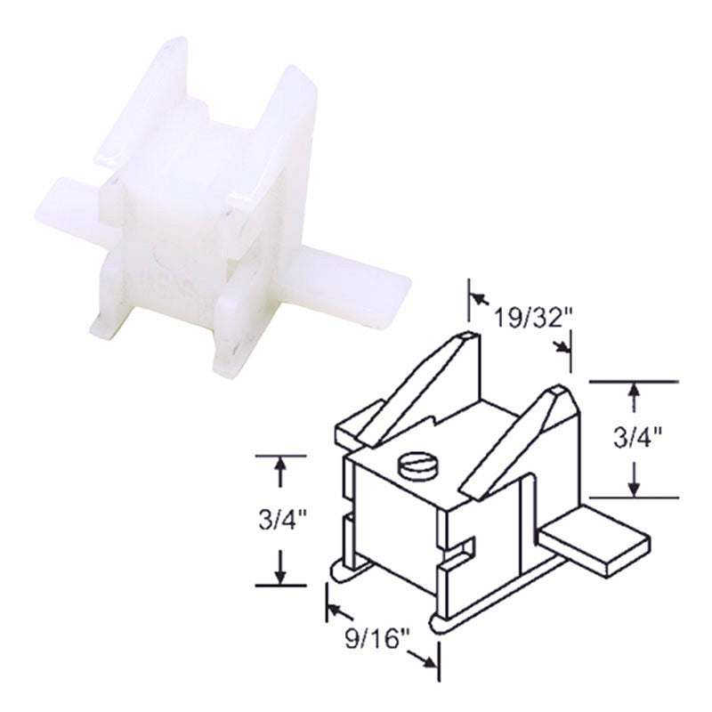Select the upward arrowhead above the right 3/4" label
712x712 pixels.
pos(633,391)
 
